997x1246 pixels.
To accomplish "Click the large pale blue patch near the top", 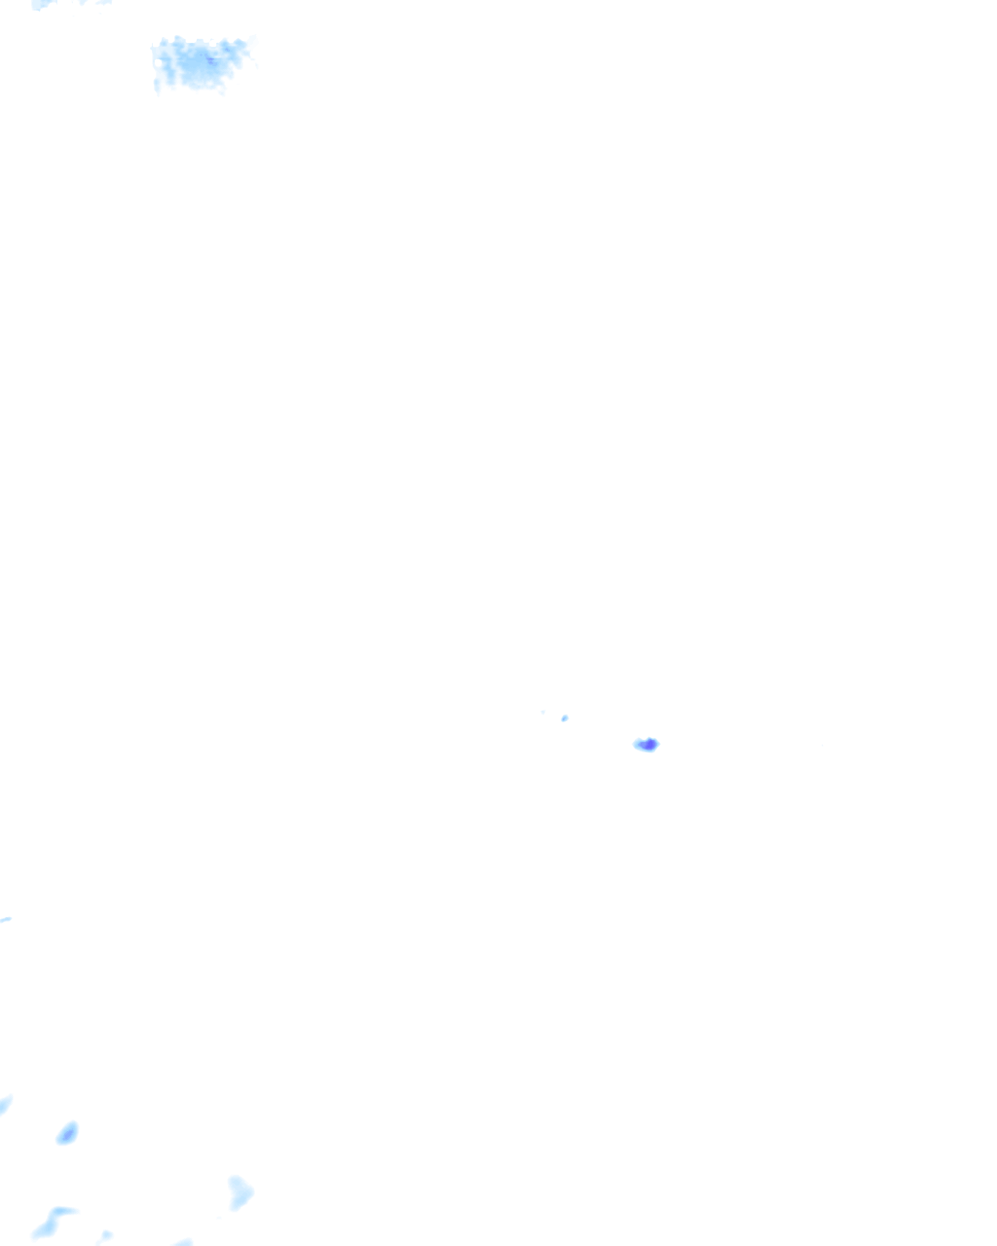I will tap(201, 64).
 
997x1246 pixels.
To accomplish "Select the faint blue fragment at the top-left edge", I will tap(44, 5).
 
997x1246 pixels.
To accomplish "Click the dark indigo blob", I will tap(648, 745).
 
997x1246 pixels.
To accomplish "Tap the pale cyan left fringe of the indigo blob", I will tap(638, 745).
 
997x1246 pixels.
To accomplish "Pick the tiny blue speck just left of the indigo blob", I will tap(565, 718).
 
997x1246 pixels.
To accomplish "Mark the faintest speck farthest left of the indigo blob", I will tap(543, 712).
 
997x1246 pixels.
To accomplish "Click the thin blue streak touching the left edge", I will tap(5, 919).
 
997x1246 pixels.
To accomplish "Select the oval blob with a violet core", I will tap(67, 1133).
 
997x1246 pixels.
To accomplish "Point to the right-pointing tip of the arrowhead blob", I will tap(252, 1191).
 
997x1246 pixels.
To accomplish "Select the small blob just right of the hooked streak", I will tap(104, 1236).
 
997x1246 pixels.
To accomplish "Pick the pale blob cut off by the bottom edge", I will tap(183, 1242).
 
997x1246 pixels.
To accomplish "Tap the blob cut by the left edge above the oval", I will tap(5, 1105).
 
